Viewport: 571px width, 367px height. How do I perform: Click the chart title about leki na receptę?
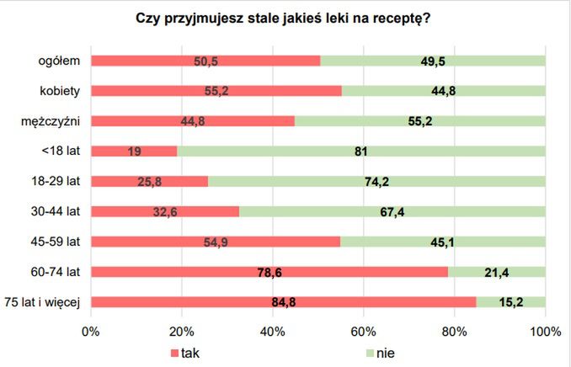285,19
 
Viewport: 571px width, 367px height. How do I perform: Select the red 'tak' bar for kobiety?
216,91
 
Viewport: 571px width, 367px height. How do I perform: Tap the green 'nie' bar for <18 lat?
360,152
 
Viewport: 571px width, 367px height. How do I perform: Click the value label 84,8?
283,302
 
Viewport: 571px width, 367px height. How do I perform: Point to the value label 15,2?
510,302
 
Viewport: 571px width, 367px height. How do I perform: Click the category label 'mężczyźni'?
51,121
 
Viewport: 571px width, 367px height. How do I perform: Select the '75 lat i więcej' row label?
42,302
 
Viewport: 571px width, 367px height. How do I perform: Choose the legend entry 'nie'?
386,353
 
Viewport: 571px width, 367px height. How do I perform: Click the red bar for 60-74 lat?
269,272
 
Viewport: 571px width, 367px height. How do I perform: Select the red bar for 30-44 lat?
164,211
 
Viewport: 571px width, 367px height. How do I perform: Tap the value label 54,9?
215,242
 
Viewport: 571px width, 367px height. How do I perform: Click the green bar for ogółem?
433,61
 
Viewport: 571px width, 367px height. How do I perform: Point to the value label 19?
133,152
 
